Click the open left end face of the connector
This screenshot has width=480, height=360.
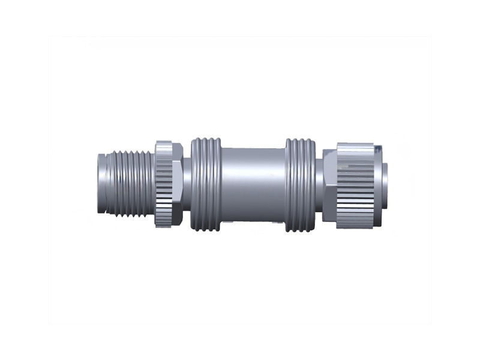tap(100, 184)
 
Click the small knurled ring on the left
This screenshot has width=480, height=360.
tap(163, 184)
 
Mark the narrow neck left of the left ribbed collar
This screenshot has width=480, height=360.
tap(187, 184)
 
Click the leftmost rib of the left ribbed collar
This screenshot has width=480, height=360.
tap(194, 184)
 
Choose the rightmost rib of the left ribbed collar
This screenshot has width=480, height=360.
tap(218, 184)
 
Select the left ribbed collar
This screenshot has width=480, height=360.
tap(206, 184)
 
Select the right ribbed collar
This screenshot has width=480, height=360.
tap(300, 184)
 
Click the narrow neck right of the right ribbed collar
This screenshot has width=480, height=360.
tap(319, 184)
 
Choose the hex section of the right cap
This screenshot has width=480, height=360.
tap(329, 185)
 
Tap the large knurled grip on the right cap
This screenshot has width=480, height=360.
tap(355, 185)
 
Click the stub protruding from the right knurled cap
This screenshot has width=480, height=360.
tap(384, 184)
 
